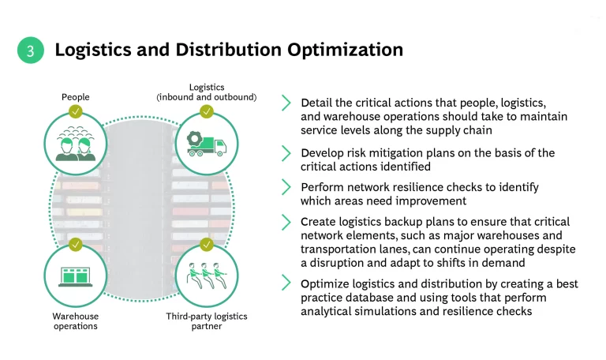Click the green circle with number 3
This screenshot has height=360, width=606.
pyautogui.click(x=30, y=51)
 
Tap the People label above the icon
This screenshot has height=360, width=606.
pyautogui.click(x=76, y=97)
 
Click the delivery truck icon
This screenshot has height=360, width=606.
pyautogui.click(x=206, y=143)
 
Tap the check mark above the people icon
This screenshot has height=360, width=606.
pyautogui.click(x=76, y=111)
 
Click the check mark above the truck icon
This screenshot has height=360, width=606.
pyautogui.click(x=206, y=111)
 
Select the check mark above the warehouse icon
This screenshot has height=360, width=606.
pyautogui.click(x=76, y=244)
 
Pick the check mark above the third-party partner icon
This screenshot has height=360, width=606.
pyautogui.click(x=206, y=244)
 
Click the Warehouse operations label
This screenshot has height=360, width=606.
pyautogui.click(x=76, y=321)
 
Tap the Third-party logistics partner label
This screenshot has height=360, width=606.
pyautogui.click(x=206, y=321)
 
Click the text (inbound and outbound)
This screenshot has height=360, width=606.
pyautogui.click(x=207, y=97)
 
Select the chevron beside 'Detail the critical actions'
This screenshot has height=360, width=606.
pyautogui.click(x=286, y=103)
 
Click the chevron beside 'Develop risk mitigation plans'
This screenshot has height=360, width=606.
pyautogui.click(x=286, y=153)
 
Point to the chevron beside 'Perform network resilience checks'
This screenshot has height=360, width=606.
pyautogui.click(x=286, y=188)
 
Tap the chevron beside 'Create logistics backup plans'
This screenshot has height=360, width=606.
pyautogui.click(x=286, y=223)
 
